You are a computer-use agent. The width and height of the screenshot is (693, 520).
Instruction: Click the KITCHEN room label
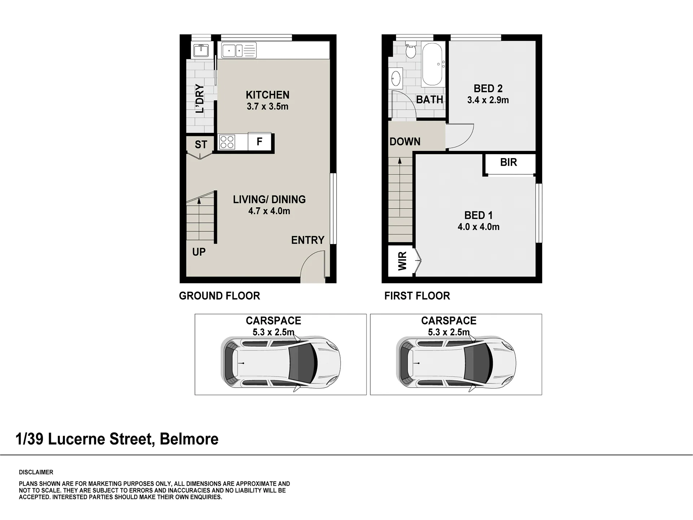267,95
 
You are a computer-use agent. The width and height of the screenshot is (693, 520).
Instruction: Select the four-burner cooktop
227,142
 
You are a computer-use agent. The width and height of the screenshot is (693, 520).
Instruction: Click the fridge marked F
260,142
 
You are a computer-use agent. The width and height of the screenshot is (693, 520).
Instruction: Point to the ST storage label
201,145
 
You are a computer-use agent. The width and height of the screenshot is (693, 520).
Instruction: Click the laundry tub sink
201,51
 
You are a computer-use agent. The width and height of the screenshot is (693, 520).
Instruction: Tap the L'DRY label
200,99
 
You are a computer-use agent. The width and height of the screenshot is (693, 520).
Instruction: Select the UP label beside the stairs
199,252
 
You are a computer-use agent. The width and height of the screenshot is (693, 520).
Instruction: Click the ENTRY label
308,240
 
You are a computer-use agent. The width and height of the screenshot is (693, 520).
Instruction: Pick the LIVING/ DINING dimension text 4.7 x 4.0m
269,211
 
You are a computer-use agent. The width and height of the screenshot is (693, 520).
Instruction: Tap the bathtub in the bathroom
432,64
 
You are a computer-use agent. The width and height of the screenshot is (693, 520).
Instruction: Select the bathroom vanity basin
396,78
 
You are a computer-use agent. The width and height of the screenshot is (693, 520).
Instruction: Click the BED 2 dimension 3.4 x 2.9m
488,100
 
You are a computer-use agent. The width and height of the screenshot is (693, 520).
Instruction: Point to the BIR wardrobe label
509,162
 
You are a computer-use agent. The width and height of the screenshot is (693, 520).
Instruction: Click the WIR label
402,261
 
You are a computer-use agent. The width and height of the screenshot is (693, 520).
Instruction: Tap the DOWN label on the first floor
405,142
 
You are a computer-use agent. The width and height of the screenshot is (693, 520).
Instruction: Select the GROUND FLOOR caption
219,296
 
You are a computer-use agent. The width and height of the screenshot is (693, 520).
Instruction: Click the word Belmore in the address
189,439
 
